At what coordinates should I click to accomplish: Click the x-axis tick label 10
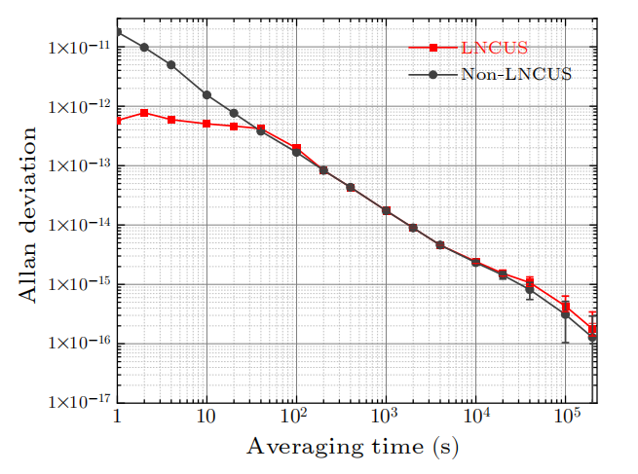(x=206, y=418)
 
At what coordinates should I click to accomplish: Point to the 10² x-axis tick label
(x=295, y=418)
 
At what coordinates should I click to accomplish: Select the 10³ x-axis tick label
(x=385, y=418)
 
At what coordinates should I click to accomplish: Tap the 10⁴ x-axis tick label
(x=474, y=418)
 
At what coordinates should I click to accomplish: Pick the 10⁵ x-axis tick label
(x=564, y=418)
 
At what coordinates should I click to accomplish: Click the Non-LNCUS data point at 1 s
(x=118, y=32)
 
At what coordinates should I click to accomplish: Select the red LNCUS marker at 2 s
(x=144, y=113)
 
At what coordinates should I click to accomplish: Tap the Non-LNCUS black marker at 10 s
(x=206, y=94)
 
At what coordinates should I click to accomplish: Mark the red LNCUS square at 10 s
(x=206, y=124)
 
